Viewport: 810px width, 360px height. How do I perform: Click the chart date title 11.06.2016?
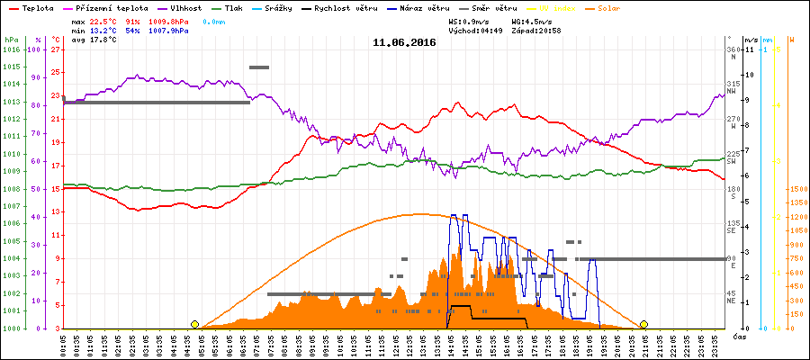[404, 42]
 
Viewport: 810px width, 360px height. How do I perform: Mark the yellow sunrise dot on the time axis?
[194, 324]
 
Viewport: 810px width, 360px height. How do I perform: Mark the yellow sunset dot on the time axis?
[643, 324]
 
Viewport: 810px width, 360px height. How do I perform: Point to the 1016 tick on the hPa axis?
[11, 49]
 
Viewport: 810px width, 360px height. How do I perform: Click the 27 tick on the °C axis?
[56, 49]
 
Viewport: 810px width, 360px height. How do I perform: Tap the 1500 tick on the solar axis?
[798, 189]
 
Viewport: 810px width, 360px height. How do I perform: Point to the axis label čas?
[739, 336]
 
